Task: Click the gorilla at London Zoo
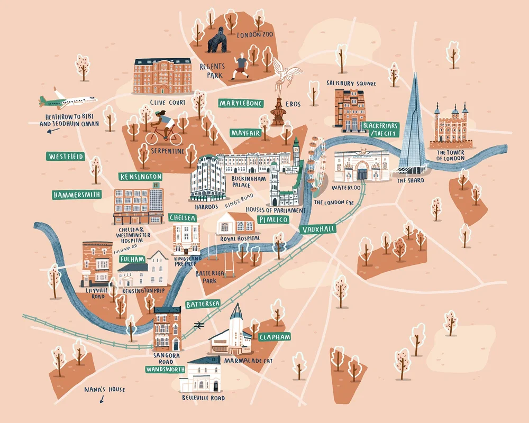pos(217,40)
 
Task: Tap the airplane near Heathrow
pos(68,100)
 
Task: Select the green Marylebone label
pos(241,103)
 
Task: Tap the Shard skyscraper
pos(413,127)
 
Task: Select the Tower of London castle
pos(451,127)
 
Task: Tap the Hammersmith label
pos(77,195)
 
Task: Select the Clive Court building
pos(162,77)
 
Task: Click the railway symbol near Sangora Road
pos(199,324)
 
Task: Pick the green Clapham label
pos(275,337)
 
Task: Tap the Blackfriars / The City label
pos(380,130)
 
